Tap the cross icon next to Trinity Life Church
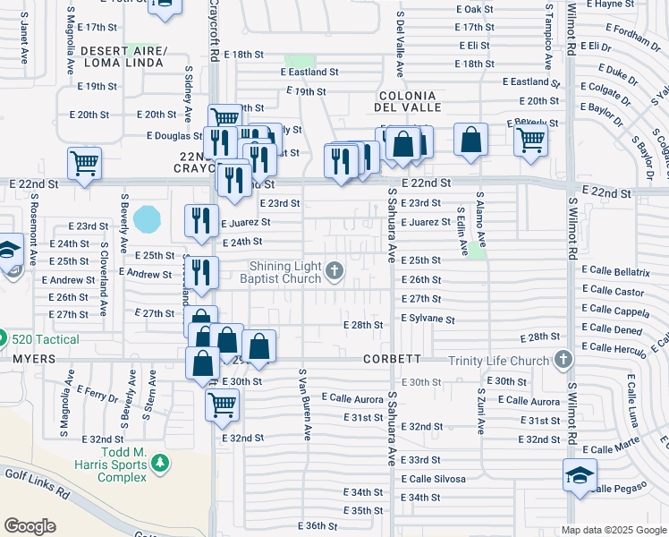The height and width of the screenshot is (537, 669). (563, 360)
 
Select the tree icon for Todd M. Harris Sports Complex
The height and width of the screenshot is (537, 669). (159, 464)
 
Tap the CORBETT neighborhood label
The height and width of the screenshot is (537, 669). (392, 359)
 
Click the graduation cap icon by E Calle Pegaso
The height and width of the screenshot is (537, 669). (580, 474)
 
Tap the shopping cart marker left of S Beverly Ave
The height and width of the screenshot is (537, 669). (84, 163)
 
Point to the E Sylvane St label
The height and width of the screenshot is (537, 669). (428, 319)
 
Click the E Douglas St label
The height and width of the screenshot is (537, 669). (175, 136)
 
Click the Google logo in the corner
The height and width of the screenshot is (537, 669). (30, 526)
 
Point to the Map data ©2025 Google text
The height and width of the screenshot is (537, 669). (614, 530)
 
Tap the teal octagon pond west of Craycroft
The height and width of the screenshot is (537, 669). (147, 217)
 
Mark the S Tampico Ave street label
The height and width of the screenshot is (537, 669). (547, 36)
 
